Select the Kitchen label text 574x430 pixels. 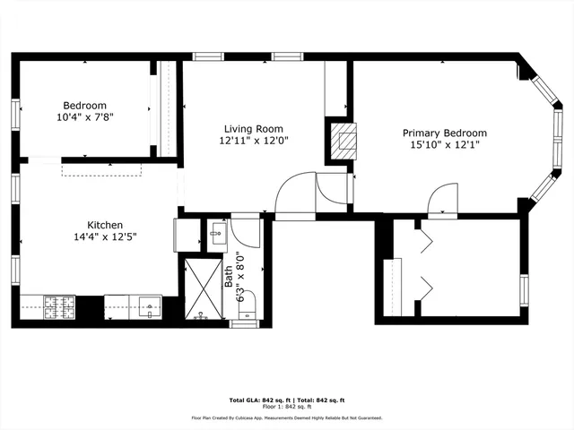click(105, 225)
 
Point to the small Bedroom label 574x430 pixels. click(84, 105)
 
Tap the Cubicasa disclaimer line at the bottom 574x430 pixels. click(286, 417)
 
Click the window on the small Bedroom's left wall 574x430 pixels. click(15, 116)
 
